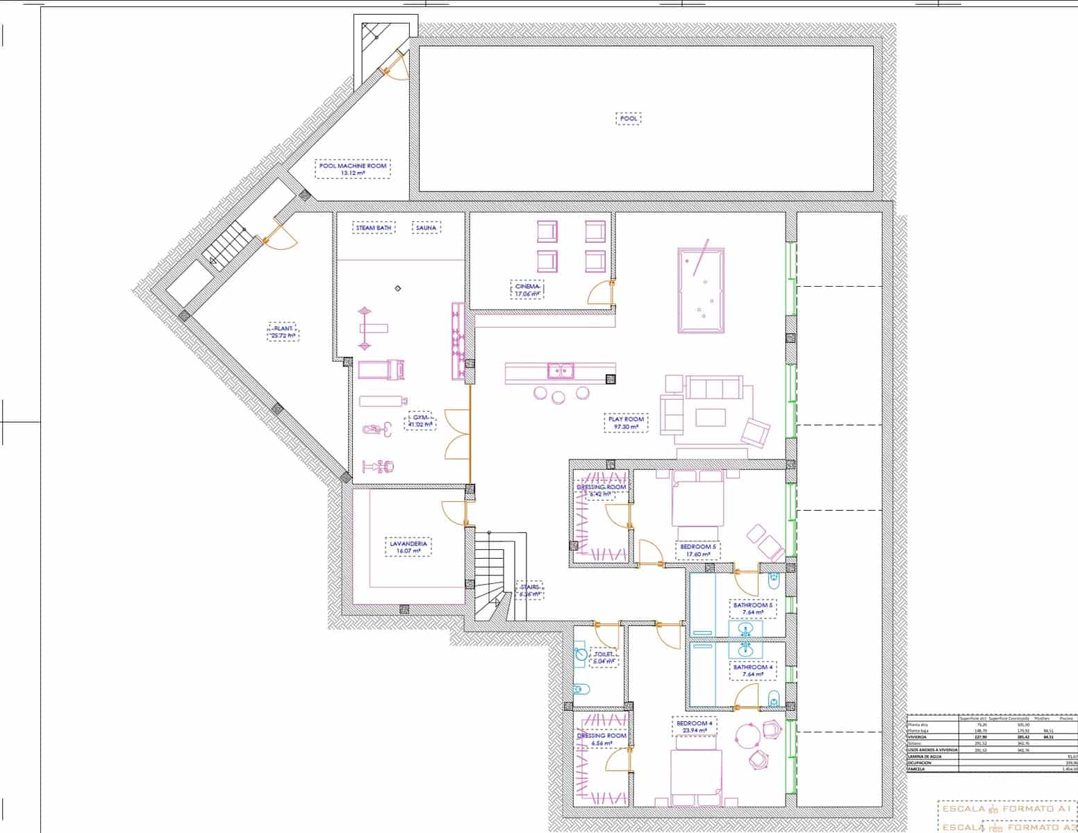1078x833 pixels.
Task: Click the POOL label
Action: click(x=628, y=119)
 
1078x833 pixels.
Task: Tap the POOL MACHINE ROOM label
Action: click(x=353, y=169)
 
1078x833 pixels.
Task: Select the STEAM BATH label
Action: click(x=374, y=228)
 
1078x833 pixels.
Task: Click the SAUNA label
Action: click(x=426, y=228)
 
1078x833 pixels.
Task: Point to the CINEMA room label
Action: click(x=526, y=290)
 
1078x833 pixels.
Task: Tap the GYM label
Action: click(x=420, y=421)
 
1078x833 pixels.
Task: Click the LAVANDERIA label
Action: click(x=407, y=547)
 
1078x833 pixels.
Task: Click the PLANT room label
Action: click(x=283, y=332)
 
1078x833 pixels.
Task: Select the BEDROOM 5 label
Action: click(x=697, y=550)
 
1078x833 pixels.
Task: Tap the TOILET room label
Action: click(x=603, y=657)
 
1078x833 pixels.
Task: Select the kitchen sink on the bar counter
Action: click(x=560, y=371)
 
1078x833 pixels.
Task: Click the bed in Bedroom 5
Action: click(x=697, y=500)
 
